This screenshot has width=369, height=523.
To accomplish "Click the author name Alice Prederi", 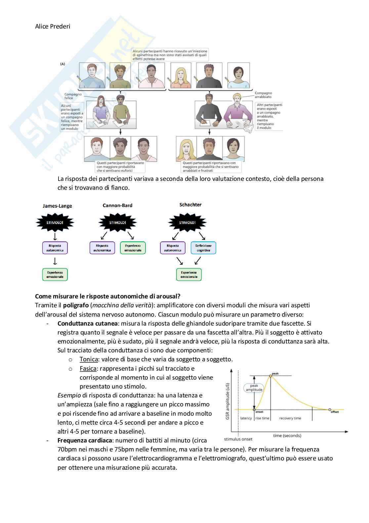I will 53,26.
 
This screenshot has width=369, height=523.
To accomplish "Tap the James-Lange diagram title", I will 57,206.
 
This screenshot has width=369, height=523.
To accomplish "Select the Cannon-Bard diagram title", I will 117,205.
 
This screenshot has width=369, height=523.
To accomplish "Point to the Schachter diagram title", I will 190,205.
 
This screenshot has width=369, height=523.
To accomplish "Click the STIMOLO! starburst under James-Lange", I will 55,223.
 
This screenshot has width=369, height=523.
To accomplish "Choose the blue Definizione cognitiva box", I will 203,248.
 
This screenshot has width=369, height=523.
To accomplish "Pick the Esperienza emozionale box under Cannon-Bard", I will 133,248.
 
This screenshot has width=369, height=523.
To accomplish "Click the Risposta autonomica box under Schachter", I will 173,248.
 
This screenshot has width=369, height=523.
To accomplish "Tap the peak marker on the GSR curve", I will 271,376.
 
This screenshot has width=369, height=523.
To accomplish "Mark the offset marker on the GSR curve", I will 330,410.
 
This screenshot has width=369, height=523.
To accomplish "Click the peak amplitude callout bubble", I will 254,388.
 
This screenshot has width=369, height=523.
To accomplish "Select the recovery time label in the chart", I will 290,418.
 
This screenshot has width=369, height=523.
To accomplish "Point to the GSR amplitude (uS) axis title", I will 227,401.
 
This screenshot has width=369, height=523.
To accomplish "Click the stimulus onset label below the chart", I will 238,439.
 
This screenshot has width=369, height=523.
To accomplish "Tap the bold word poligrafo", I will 76,305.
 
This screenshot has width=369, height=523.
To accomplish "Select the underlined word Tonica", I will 89,359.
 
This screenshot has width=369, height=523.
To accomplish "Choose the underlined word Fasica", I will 88,368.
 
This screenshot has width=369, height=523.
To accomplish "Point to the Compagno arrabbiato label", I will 263,95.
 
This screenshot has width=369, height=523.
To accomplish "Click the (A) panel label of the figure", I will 62,64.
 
